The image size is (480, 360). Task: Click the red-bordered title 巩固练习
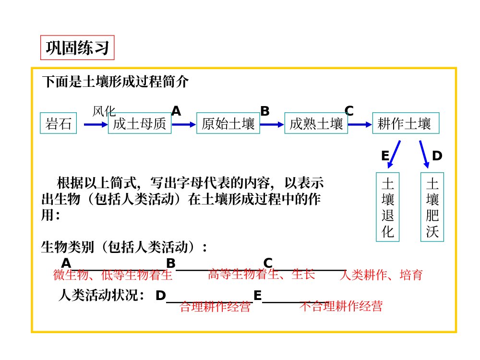click(77, 48)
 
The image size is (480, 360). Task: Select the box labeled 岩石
click(59, 123)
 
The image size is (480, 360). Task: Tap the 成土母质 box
click(140, 123)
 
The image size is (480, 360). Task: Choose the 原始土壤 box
click(228, 123)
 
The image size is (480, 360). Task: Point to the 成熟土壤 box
click(316, 123)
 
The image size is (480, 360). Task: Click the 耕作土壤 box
click(405, 123)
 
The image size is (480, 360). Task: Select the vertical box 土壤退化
click(387, 207)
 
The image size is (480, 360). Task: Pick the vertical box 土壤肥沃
click(432, 207)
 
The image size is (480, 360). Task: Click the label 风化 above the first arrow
click(104, 111)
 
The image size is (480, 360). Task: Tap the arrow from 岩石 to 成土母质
click(96, 124)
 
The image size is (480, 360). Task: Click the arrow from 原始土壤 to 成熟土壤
click(272, 124)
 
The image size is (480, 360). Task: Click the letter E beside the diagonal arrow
click(385, 156)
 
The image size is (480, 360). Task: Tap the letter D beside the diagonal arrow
click(437, 156)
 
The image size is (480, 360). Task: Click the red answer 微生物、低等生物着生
click(113, 275)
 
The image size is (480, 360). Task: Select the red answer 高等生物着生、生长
click(262, 275)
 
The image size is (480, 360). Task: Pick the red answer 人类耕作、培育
click(381, 275)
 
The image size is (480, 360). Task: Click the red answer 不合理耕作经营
click(341, 306)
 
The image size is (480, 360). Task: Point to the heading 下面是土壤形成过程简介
click(115, 82)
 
